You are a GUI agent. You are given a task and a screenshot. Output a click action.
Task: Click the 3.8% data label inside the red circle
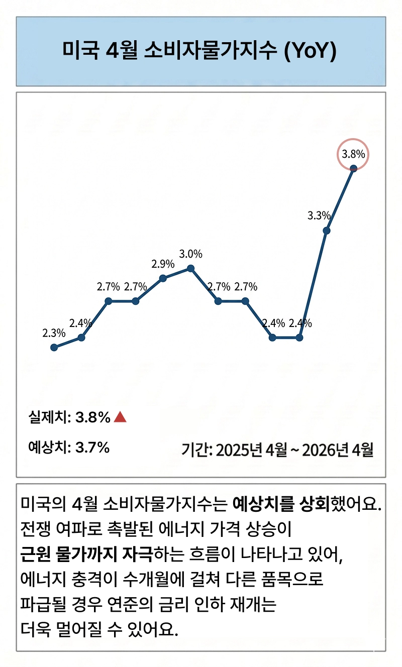coord(353,154)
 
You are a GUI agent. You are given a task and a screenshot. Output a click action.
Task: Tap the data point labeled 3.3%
coord(327,231)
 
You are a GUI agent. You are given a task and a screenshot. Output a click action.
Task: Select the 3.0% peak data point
coord(191,269)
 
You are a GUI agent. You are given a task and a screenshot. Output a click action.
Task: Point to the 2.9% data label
coord(163,264)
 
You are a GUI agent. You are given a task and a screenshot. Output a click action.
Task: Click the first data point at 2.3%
coord(54,347)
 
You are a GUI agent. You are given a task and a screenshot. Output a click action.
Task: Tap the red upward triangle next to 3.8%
coord(120,417)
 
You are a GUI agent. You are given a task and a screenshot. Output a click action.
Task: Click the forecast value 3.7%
coord(92,447)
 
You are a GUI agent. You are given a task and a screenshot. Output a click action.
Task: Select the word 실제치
coord(48,417)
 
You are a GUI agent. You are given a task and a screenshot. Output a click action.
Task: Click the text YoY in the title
coord(310,51)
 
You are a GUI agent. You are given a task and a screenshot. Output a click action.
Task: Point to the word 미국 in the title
coord(80,51)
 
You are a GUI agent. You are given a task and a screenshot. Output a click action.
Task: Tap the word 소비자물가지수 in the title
coord(211,51)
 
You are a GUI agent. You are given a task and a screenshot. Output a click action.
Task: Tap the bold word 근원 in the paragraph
coord(35,554)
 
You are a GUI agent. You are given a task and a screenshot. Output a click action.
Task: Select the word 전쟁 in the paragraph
coord(35,529)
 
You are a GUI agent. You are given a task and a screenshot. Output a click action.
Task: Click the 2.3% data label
coord(54,333)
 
